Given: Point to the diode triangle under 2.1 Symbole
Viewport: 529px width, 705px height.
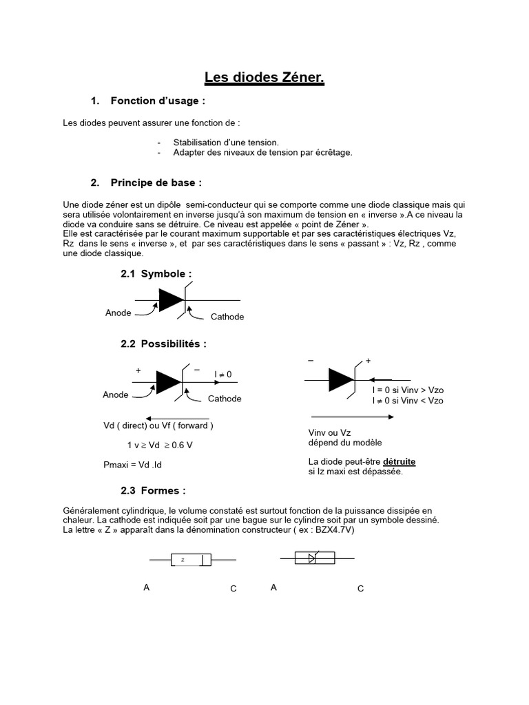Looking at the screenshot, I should pos(170,300).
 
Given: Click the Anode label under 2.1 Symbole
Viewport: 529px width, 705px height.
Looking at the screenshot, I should pos(118,313).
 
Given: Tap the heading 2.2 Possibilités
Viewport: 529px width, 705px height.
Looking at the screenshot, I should pos(163,344).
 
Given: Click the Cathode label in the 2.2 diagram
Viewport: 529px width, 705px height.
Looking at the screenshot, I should pos(225,399).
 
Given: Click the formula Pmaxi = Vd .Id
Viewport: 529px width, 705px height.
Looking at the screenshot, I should pos(132,465).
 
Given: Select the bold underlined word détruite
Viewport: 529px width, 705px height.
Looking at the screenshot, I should pos(400,461).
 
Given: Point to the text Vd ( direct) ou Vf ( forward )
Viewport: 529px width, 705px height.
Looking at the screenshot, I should pos(158,425).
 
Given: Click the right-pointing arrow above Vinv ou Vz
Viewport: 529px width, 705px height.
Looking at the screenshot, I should pos(353,416).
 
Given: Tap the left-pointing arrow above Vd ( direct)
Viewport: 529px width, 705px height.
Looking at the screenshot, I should pos(178,414).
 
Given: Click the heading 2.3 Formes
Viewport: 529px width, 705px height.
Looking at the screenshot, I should pos(153,491).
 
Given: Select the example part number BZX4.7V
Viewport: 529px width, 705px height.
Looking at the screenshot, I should pos(335,530).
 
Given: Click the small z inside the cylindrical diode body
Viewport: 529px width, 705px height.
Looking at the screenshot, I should pos(183,560).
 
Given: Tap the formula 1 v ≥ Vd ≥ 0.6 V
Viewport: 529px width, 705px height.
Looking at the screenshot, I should pos(160,445).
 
